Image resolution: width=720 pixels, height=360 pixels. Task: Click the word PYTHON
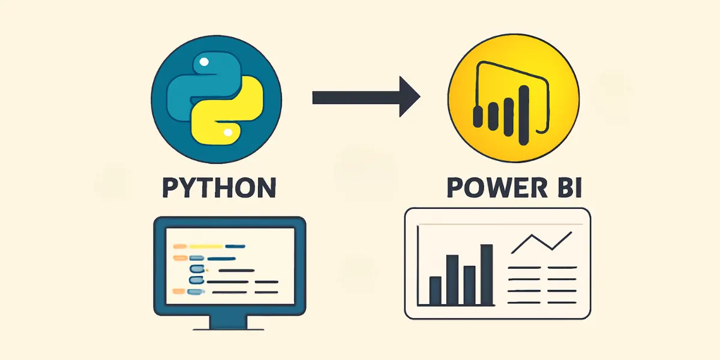click(219, 187)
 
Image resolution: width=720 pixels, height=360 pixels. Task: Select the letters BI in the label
click(566, 187)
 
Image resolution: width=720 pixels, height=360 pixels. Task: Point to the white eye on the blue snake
click(205, 61)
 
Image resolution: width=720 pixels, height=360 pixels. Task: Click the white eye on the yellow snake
click(228, 131)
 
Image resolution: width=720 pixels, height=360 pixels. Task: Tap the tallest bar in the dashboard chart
click(487, 274)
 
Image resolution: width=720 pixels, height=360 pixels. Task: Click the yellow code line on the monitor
click(208, 246)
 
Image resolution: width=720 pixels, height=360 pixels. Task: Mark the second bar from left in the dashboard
click(452, 280)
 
